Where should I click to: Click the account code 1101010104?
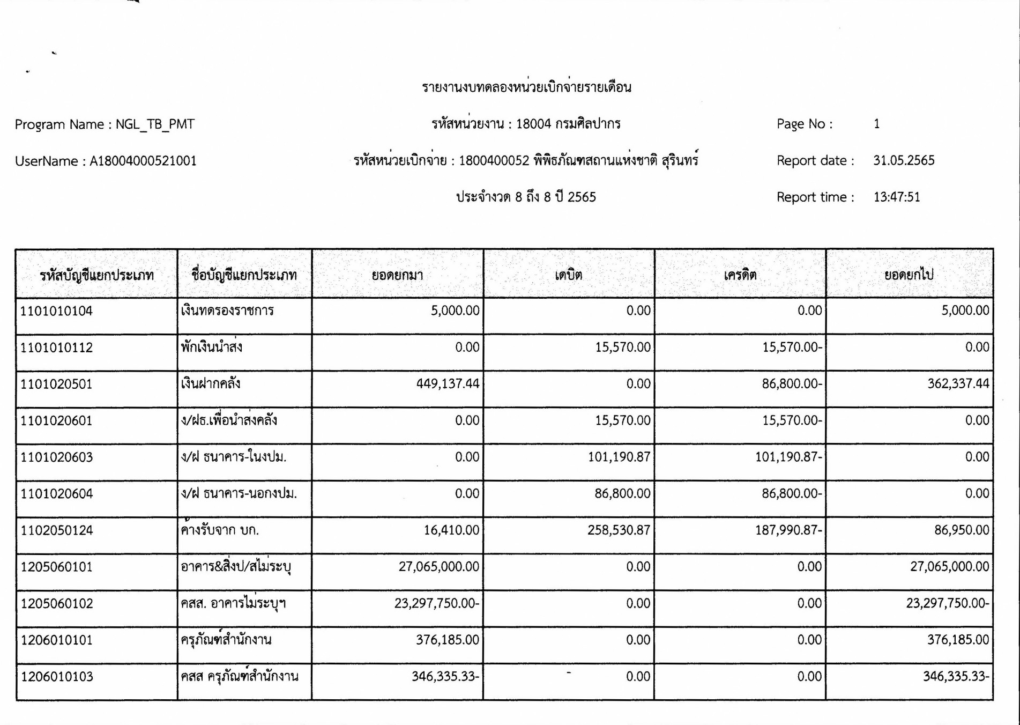pos(56,311)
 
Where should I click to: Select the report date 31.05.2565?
pos(904,160)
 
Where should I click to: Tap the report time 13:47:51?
pos(897,197)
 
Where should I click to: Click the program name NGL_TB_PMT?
pos(155,124)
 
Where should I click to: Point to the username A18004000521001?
pos(143,161)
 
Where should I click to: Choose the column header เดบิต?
pos(568,275)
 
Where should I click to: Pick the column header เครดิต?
pos(740,275)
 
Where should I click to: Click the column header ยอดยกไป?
pos(909,275)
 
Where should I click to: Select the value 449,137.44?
pos(448,384)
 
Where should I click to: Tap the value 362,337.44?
pos(958,384)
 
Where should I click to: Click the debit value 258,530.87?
pos(619,530)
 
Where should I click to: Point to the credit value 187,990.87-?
pos(788,530)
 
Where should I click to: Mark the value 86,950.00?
pos(962,530)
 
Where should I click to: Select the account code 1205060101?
pos(56,567)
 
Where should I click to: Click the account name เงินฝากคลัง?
pos(211,384)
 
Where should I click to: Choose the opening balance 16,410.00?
pos(451,530)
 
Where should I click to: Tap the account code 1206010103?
pos(56,677)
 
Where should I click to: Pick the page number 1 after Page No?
pos(877,124)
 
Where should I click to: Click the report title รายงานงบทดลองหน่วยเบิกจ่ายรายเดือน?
pos(526,87)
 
